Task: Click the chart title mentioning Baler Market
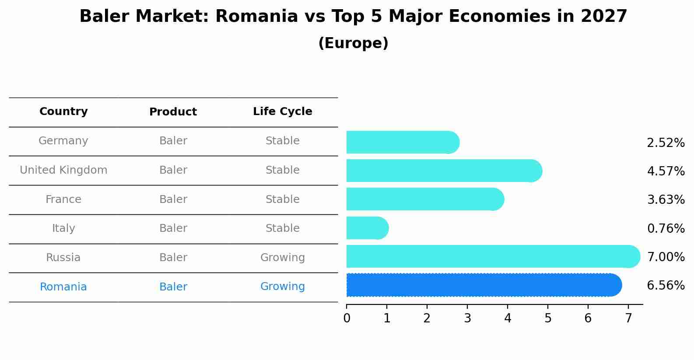[353, 17]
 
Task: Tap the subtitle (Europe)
[353, 43]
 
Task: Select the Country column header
[63, 112]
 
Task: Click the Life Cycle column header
[282, 112]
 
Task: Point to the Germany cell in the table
[63, 141]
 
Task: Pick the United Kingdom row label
[63, 170]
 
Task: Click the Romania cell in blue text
[63, 287]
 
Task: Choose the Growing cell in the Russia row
[282, 258]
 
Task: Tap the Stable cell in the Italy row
[282, 228]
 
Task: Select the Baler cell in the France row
[173, 199]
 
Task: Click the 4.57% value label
[666, 171]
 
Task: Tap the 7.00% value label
[666, 257]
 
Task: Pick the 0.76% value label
[666, 228]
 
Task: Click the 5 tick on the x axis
[548, 318]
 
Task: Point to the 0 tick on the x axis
[347, 318]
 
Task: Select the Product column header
[173, 112]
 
